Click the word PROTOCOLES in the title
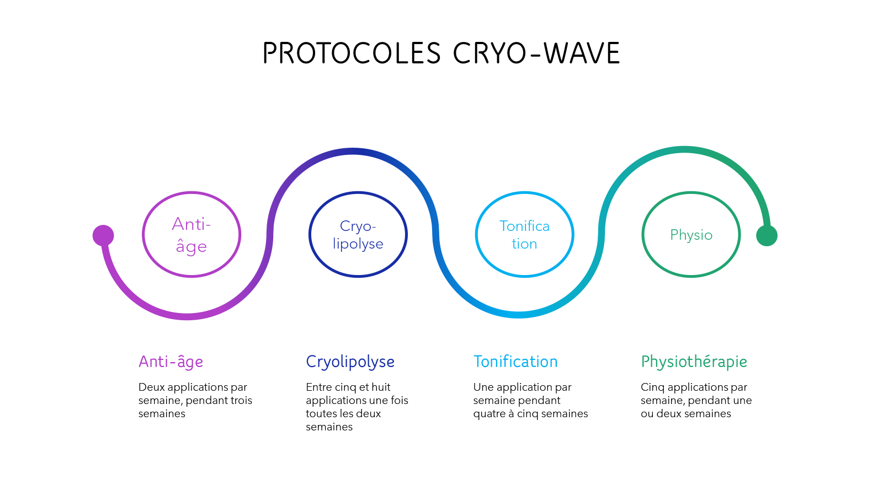click(352, 53)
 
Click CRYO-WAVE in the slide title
click(536, 53)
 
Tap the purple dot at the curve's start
click(103, 235)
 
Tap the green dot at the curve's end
click(767, 235)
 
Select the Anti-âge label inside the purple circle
click(191, 235)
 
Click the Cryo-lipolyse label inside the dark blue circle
click(358, 235)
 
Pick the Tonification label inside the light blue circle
click(524, 235)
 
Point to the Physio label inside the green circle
click(691, 235)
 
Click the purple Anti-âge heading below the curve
click(171, 362)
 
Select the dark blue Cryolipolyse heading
click(350, 362)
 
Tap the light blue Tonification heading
click(515, 362)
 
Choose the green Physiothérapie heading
click(694, 362)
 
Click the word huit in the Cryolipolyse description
click(381, 387)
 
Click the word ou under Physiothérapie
click(647, 414)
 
